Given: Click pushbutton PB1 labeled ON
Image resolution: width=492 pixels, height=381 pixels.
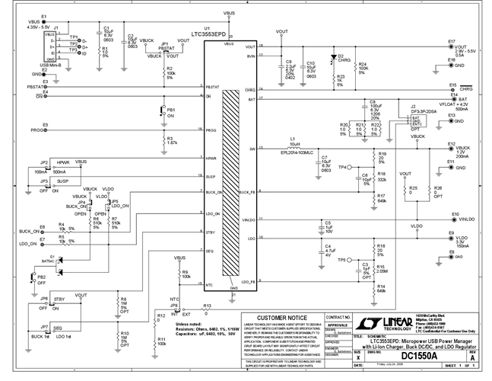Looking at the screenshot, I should (x=161, y=111).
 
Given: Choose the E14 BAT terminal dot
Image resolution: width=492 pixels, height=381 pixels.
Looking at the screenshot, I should (x=454, y=100).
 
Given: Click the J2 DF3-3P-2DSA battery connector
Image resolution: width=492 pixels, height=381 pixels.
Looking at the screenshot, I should (x=414, y=120).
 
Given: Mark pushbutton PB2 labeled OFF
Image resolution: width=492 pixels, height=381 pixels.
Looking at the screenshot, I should (x=46, y=277).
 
